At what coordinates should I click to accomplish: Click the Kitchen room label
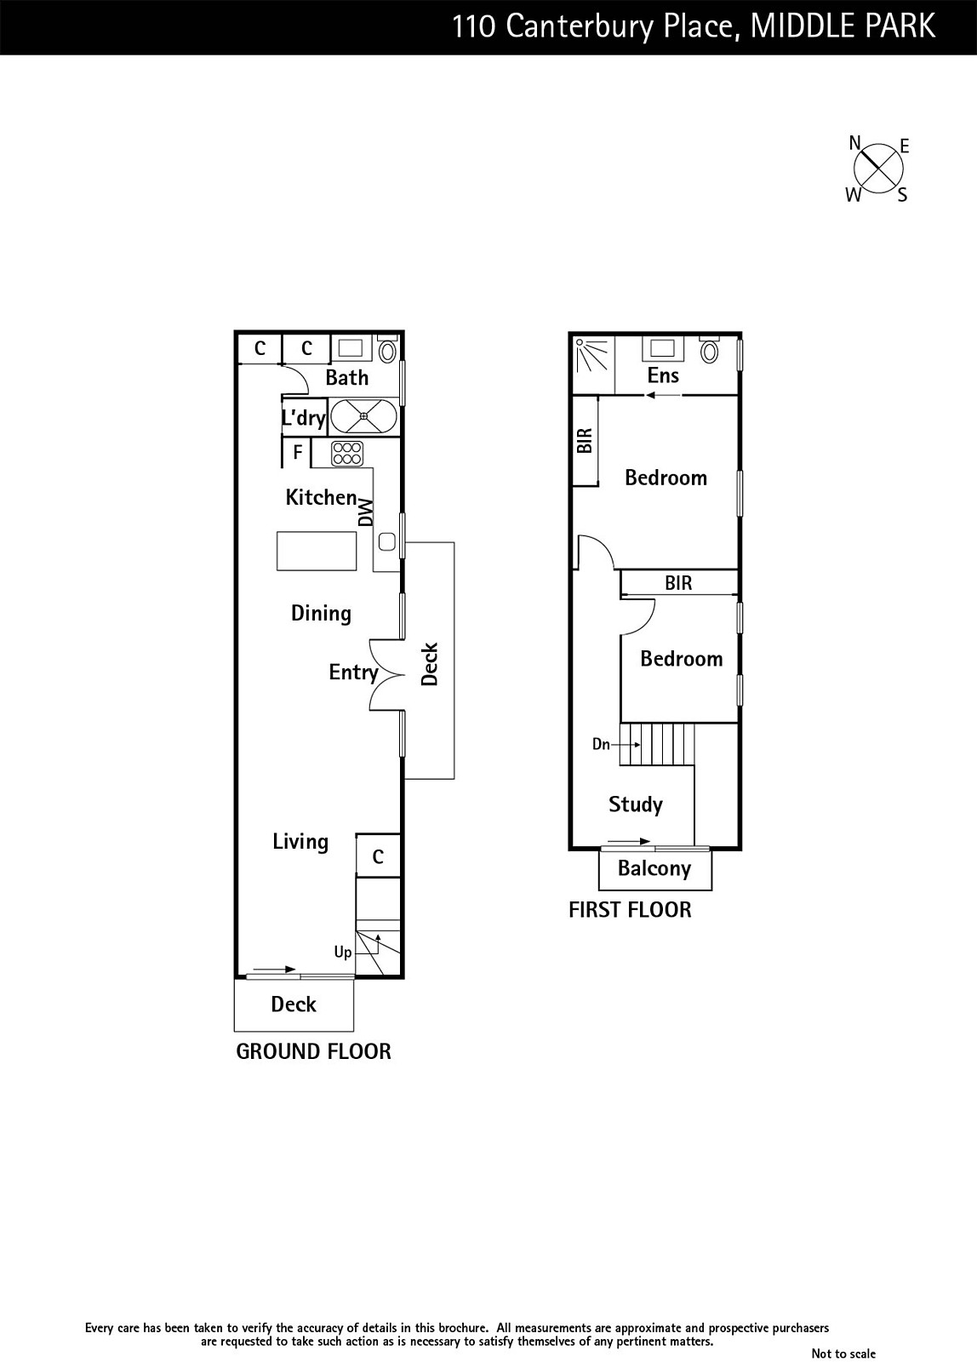click(321, 497)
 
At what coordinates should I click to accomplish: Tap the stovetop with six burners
click(347, 454)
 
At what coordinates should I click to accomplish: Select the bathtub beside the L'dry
click(363, 416)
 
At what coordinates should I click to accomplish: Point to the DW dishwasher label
click(365, 512)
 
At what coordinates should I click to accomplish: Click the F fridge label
click(298, 452)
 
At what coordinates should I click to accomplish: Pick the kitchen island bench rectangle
click(317, 551)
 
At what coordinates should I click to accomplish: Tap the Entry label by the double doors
click(353, 672)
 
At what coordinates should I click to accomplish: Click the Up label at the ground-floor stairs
click(343, 953)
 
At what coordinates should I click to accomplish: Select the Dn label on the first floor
click(601, 744)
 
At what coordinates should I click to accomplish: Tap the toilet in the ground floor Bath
click(387, 348)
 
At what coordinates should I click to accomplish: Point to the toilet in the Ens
click(709, 349)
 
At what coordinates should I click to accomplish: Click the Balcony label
click(654, 869)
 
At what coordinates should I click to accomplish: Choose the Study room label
click(636, 804)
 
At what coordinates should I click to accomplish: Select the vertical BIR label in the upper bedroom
click(585, 441)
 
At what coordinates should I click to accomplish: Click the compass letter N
click(854, 143)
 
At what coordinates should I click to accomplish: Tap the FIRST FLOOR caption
click(630, 910)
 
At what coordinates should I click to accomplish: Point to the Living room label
click(300, 842)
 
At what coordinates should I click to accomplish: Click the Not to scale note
click(843, 1353)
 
